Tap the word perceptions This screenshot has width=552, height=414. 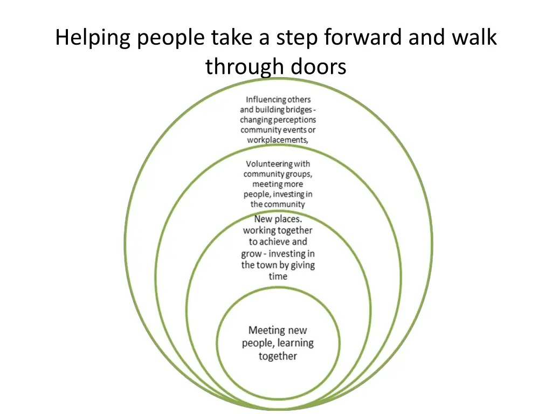[x=294, y=120]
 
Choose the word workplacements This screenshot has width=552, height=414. [x=278, y=140]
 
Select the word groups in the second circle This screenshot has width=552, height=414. [x=299, y=174]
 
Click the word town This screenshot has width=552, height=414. [x=267, y=265]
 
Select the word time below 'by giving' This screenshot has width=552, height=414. [x=278, y=277]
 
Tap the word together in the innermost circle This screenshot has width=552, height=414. [x=278, y=356]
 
